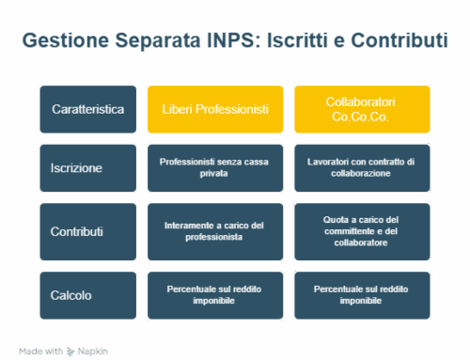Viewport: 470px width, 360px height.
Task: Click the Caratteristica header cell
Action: click(x=88, y=109)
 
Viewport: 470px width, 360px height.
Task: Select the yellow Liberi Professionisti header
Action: click(x=215, y=109)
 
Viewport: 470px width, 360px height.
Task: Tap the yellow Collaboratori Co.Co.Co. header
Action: click(x=362, y=109)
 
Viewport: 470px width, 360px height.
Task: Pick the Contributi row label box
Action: click(x=88, y=231)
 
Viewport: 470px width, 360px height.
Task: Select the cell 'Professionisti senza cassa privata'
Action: click(x=215, y=168)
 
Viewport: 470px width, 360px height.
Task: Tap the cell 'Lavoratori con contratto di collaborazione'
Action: click(x=362, y=168)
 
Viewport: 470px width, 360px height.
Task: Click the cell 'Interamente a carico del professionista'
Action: click(x=215, y=231)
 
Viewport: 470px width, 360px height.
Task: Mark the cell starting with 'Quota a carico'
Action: click(x=362, y=231)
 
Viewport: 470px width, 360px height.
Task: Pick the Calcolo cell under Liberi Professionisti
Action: click(x=215, y=294)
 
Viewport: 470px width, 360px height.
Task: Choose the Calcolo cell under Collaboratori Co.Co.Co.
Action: click(x=362, y=294)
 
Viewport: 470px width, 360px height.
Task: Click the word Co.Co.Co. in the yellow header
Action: click(x=362, y=118)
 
